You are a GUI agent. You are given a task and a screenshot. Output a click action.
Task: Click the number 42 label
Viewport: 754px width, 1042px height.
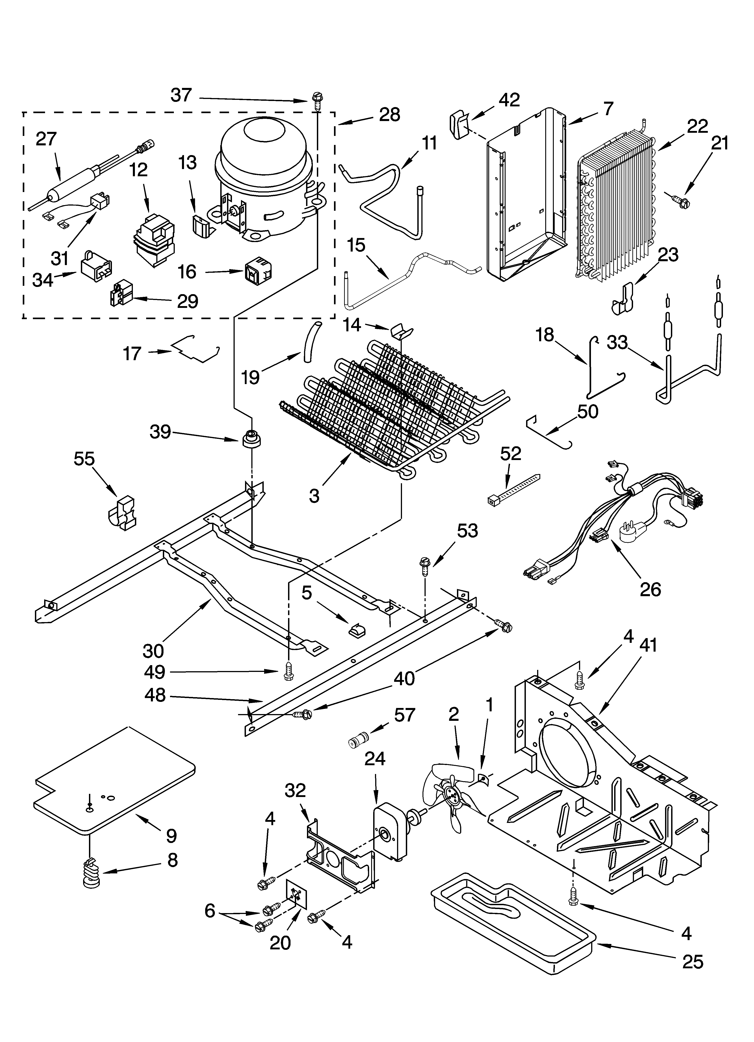coord(509,100)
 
